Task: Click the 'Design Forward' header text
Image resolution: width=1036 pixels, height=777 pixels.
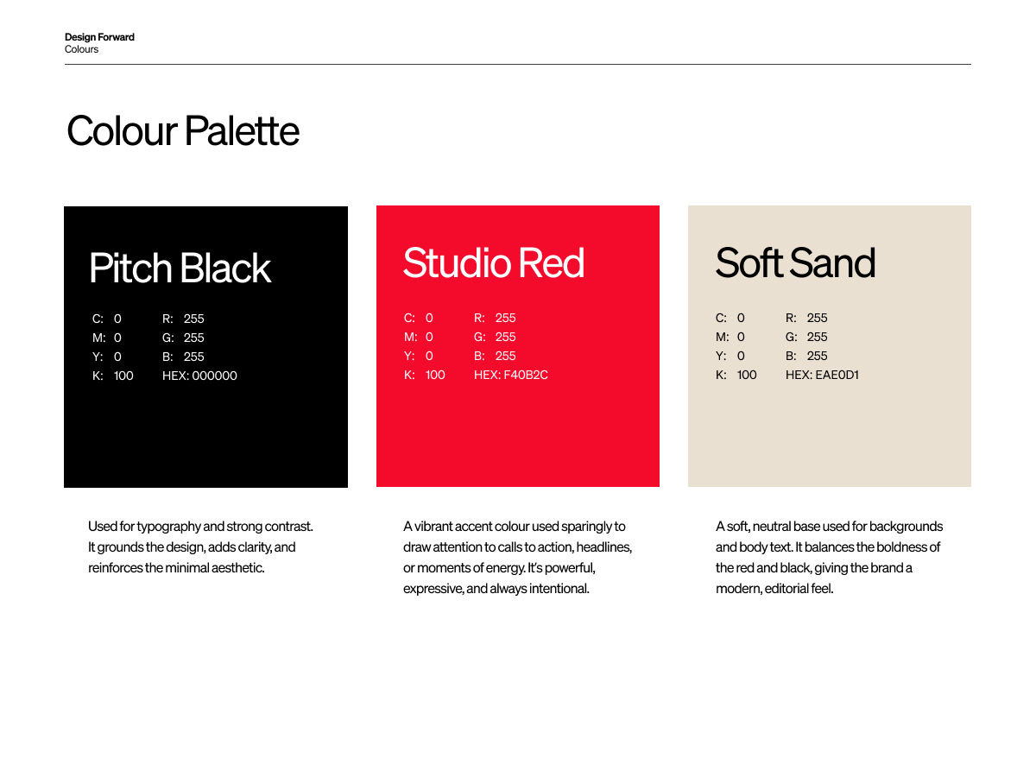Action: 99,37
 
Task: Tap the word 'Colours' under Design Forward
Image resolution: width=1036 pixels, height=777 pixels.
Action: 81,49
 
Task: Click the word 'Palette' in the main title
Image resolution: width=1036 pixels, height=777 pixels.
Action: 242,130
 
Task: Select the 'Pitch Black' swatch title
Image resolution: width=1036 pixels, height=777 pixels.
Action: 180,268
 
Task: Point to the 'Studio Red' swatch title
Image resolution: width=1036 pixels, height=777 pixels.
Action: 493,262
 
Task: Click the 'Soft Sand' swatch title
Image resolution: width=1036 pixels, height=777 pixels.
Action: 794,262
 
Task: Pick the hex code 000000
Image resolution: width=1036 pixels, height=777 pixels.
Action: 214,375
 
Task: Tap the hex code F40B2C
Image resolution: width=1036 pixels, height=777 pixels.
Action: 525,374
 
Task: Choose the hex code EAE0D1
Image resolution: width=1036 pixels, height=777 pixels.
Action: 837,374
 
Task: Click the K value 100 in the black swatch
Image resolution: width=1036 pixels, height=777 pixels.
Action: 123,375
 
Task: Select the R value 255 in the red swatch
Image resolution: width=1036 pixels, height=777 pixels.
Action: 505,318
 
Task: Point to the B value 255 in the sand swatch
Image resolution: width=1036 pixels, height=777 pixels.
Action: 817,355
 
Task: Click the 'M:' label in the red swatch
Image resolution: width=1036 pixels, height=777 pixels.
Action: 410,337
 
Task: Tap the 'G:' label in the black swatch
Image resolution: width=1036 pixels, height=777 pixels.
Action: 168,338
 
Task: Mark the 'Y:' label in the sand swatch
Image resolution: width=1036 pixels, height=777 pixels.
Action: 721,355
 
